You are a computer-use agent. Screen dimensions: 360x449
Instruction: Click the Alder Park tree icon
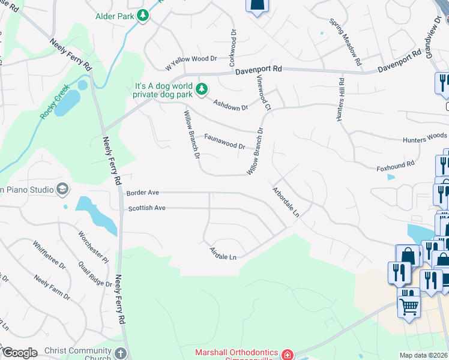tap(143, 16)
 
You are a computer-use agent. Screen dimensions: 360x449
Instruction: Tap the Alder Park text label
tap(115, 16)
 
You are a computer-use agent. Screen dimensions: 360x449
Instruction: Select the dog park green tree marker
tap(203, 89)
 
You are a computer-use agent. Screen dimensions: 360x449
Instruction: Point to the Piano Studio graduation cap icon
tap(62, 190)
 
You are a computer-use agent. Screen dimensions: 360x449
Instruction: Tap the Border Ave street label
tap(143, 193)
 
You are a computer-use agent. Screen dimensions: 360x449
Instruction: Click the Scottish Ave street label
tap(146, 208)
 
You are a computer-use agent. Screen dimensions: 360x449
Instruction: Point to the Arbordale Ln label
tap(286, 205)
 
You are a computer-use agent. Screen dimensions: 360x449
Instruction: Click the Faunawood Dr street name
tap(224, 142)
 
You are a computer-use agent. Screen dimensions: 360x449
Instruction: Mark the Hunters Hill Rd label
tap(340, 100)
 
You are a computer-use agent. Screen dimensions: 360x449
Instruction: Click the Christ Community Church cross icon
tap(121, 353)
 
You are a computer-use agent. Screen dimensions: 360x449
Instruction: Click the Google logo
tap(19, 353)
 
